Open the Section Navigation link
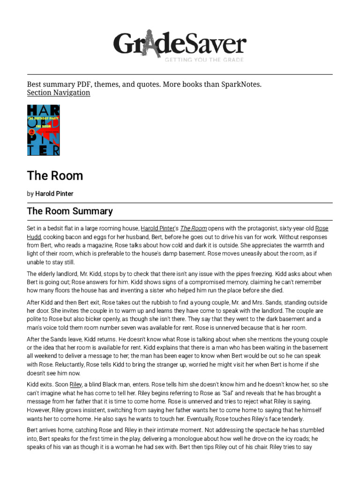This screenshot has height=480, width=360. click(59, 93)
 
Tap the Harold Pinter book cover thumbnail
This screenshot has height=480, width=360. click(44, 130)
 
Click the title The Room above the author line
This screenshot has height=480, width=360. click(55, 176)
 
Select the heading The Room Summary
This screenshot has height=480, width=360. click(70, 211)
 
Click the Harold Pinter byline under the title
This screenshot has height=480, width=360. click(54, 194)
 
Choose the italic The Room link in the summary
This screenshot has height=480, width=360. click(193, 228)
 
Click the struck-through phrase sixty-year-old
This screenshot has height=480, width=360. click(297, 228)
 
